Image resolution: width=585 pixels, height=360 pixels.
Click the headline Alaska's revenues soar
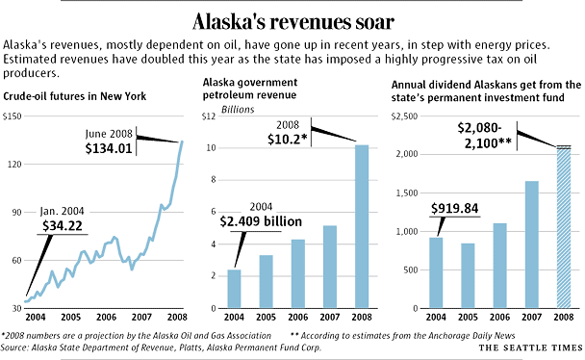pyautogui.click(x=292, y=20)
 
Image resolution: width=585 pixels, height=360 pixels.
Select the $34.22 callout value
pyautogui.click(x=63, y=225)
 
